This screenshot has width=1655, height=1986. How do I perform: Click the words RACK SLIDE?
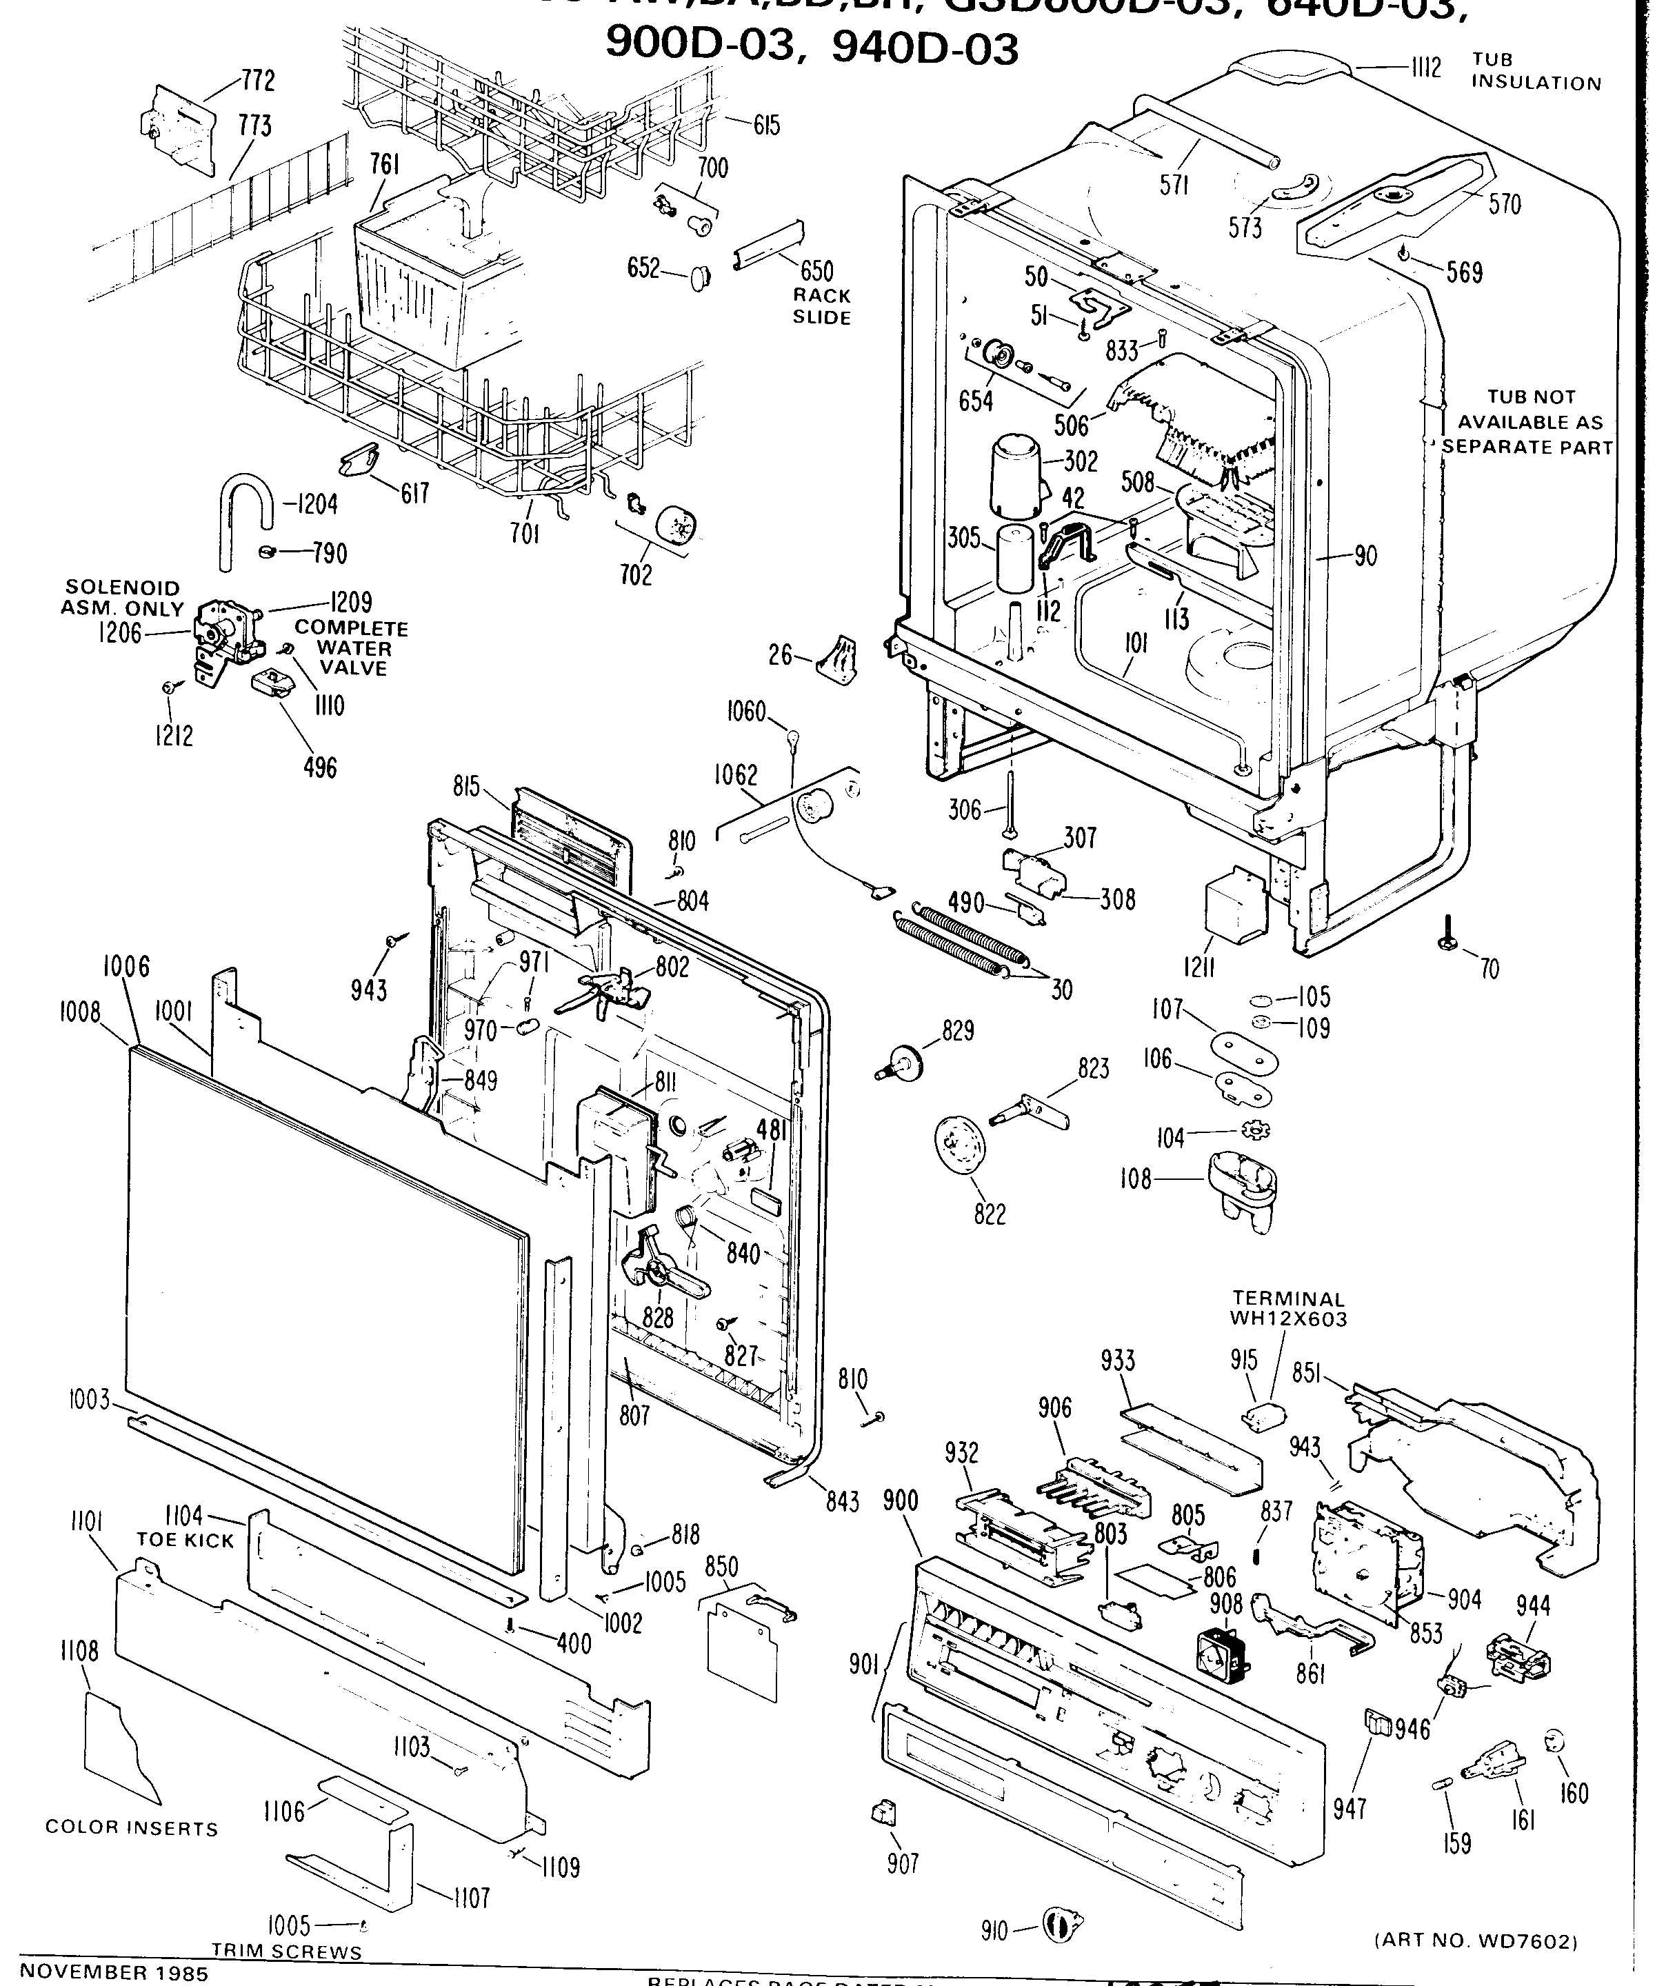pyautogui.click(x=822, y=306)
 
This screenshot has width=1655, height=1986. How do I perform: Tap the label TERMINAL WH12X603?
pyautogui.click(x=1287, y=1309)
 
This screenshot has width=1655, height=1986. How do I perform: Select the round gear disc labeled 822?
pyautogui.click(x=961, y=1146)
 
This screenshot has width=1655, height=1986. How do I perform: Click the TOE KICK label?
pyautogui.click(x=185, y=1541)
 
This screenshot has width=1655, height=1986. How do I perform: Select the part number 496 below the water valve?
pyautogui.click(x=321, y=767)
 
